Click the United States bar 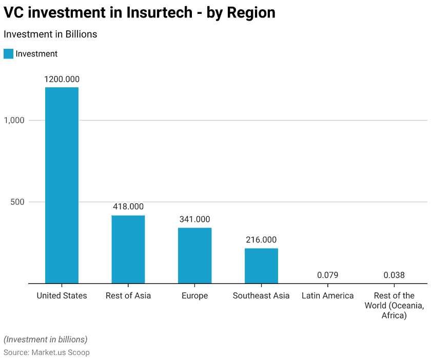62,185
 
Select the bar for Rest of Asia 128,249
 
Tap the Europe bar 194,255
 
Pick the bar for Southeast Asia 261,266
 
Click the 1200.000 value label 62,79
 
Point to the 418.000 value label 128,206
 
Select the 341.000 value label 194,219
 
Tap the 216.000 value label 261,240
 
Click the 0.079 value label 327,275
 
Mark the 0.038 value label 394,275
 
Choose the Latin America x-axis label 327,296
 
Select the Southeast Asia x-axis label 261,296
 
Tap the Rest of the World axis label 394,306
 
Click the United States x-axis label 62,296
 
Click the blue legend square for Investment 8,54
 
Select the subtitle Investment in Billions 50,34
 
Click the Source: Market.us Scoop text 47,353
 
